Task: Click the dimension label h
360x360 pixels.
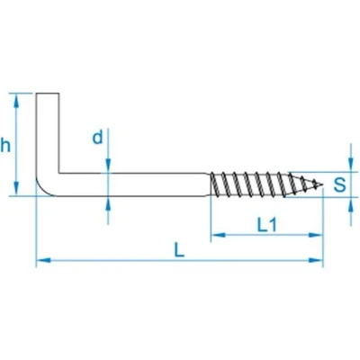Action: pos(5,147)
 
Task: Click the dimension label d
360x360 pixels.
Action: pos(97,138)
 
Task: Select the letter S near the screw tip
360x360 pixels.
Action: pos(339,184)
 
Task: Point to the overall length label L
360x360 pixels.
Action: pos(179,250)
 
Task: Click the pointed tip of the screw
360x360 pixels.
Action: pos(323,184)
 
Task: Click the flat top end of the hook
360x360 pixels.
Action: pos(48,94)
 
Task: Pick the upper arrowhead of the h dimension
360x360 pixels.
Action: pos(17,101)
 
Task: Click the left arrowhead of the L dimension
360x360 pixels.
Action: pos(43,260)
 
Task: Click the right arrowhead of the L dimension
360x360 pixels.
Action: pos(316,260)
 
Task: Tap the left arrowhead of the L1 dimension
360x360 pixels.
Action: pos(218,235)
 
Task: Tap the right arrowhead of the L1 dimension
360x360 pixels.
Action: pos(316,235)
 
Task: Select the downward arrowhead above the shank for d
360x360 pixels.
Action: pos(108,166)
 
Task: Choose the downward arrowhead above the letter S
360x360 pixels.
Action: pos(350,165)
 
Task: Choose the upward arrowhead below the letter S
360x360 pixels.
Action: pos(350,204)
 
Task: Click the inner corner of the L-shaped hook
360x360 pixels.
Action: pos(59,173)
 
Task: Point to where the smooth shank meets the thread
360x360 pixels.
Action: pos(210,184)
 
